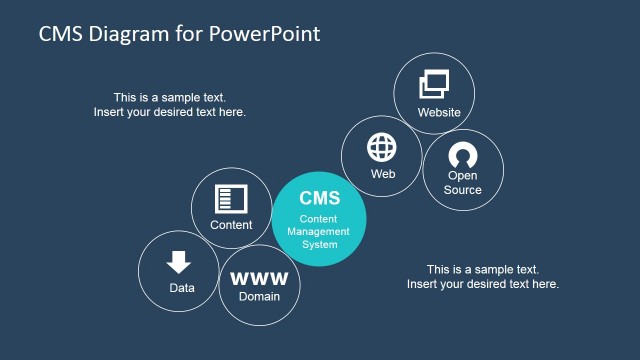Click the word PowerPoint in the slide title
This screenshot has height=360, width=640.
pos(266,33)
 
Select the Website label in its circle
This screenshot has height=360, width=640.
pos(439,112)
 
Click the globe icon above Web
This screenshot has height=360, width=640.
pos(383,147)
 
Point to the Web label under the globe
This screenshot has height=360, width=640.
pos(383,173)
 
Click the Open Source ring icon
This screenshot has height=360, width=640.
pos(463,155)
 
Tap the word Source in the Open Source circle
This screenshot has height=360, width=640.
pos(463,190)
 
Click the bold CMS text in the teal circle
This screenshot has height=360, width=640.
pos(320,198)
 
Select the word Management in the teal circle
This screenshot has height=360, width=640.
pos(320,231)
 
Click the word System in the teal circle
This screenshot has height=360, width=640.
pos(320,244)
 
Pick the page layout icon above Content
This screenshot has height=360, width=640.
pos(231,198)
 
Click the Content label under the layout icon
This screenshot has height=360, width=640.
pos(231,225)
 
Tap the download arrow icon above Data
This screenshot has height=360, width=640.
pos(179,262)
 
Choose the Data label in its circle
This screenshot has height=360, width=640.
pos(182,288)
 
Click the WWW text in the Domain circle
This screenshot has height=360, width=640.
pos(259,278)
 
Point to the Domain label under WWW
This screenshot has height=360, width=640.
pos(259,296)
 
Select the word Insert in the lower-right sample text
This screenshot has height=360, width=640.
pos(424,284)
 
